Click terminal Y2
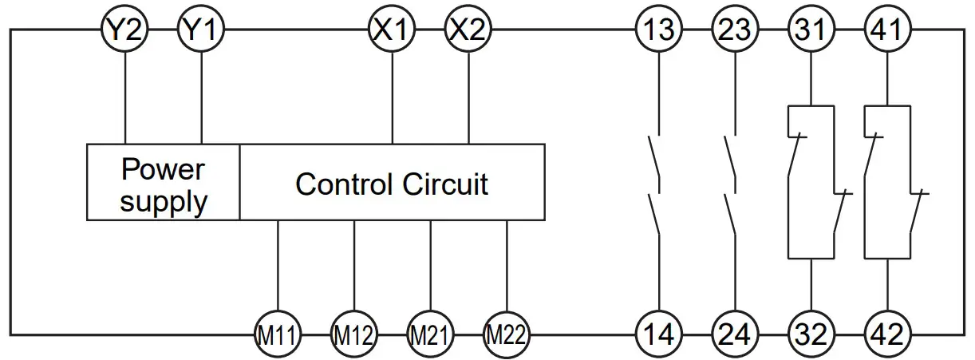coord(124,31)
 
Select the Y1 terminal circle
coord(201,31)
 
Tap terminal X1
coord(392,31)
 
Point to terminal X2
coord(468,31)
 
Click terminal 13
coord(659,31)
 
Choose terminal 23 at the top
coord(735,31)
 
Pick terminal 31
coord(811,31)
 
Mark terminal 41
coord(887,31)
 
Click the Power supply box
coord(163,183)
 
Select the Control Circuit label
coord(392,184)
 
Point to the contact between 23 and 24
coord(731,184)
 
